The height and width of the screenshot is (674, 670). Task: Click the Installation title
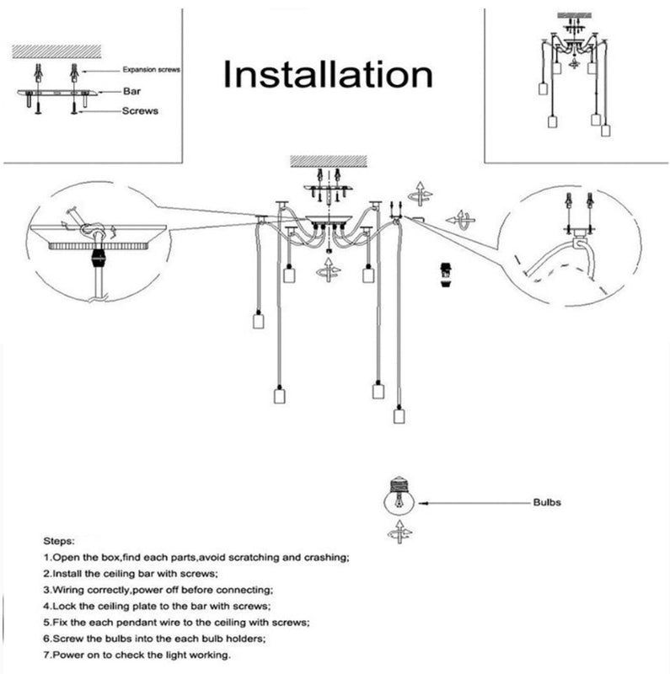(327, 74)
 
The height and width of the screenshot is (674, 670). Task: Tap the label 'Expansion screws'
(152, 72)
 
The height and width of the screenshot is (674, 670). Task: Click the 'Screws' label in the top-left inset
(140, 110)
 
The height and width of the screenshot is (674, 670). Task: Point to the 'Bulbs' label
(546, 502)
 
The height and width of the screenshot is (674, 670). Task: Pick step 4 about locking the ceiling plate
(156, 606)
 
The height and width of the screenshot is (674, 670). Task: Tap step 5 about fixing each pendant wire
(175, 623)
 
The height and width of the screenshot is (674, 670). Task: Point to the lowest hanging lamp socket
(398, 415)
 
